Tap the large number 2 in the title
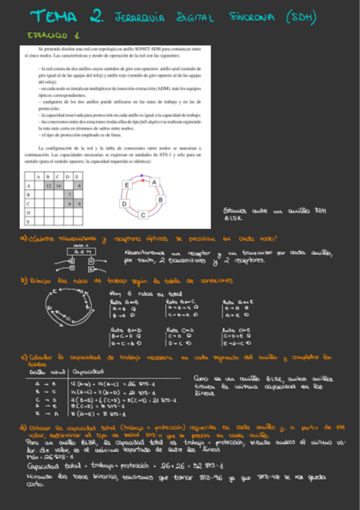coord(94,16)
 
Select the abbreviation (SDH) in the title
coord(299,17)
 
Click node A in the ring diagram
coord(154,181)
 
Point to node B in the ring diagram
coord(160,199)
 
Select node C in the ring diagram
coord(143,214)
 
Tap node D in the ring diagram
coord(124,204)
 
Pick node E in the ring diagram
coord(127,185)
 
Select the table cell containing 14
coord(58,186)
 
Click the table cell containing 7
coord(70,195)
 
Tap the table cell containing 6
coord(70,204)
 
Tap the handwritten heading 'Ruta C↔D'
coord(178,330)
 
